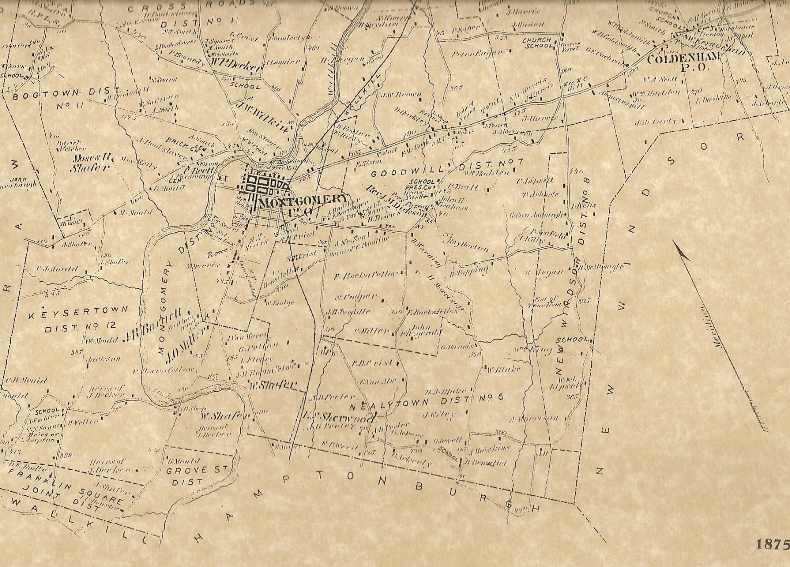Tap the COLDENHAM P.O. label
click(x=684, y=62)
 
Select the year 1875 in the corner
click(x=772, y=544)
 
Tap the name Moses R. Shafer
click(x=92, y=163)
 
